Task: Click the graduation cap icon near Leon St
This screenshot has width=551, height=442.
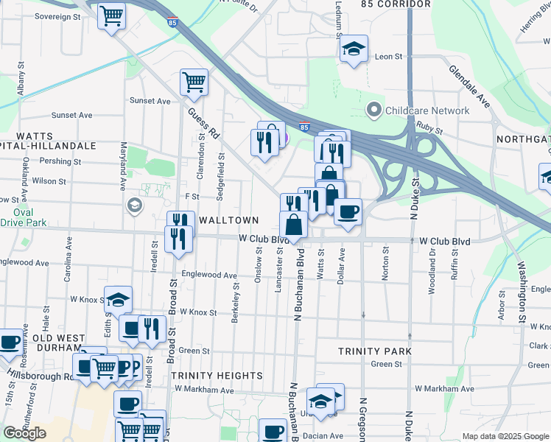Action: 354,49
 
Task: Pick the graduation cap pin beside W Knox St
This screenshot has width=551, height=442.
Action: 118,299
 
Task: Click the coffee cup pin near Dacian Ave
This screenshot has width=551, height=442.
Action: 273,430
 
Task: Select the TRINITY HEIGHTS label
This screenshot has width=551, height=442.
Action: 217,376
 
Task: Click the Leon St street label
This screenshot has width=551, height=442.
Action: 389,56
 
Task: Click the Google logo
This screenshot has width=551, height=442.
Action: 24,433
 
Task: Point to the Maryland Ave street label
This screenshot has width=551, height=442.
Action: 124,166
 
